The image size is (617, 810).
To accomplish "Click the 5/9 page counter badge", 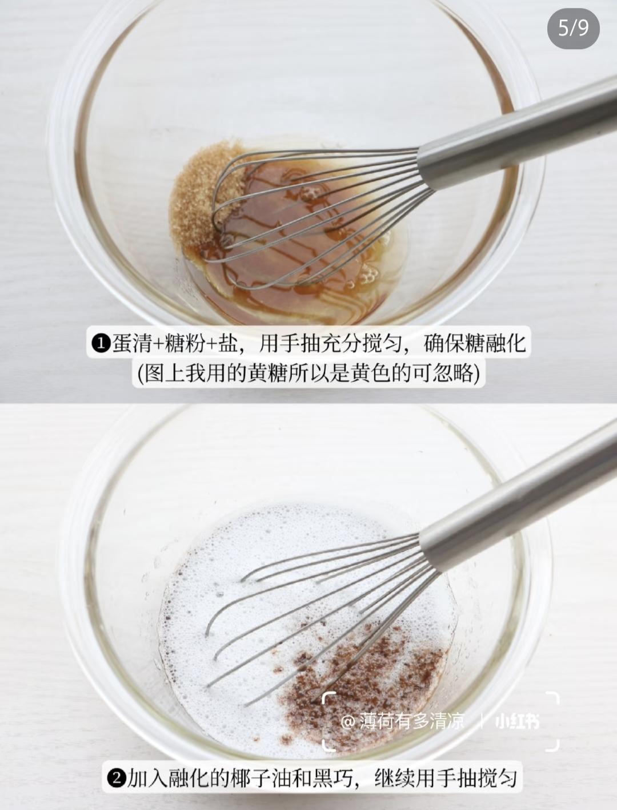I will pos(573,27).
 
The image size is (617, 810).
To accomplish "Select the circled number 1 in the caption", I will pos(100,344).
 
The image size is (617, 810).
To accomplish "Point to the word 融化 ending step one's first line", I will pos(505,344).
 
